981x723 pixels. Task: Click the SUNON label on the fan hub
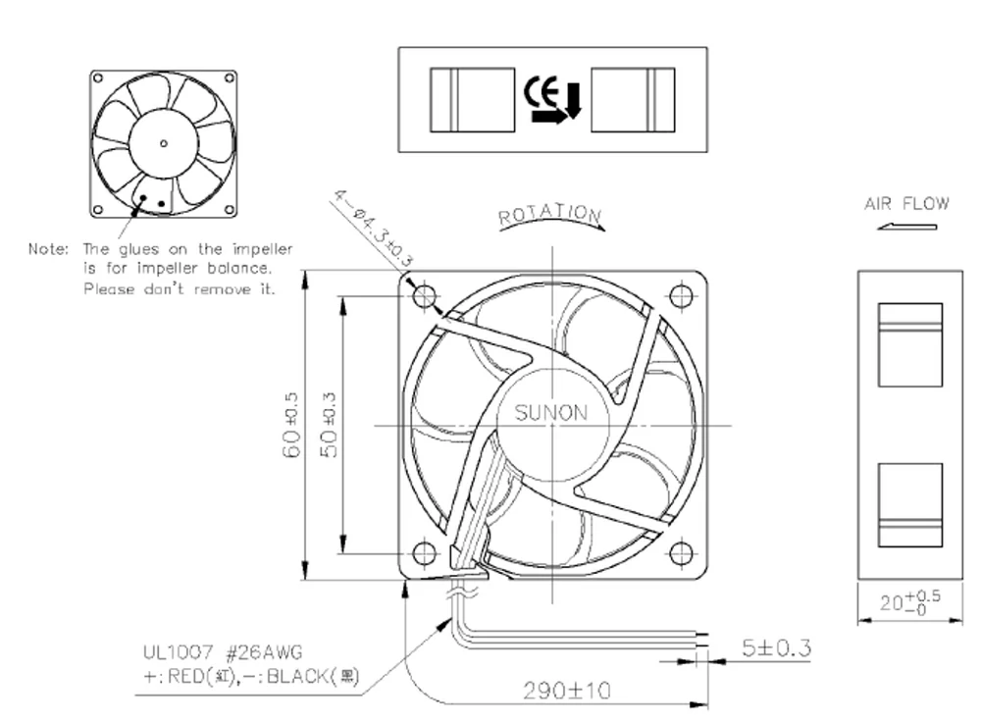click(x=552, y=413)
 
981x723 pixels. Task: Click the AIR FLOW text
click(x=906, y=204)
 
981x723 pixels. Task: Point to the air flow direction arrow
click(x=907, y=228)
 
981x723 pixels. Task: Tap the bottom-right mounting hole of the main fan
click(x=681, y=553)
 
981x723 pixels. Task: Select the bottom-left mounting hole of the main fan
click(x=424, y=553)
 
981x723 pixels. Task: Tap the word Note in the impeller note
click(x=48, y=249)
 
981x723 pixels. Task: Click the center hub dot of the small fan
click(x=163, y=143)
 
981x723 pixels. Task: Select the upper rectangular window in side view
click(x=909, y=344)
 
